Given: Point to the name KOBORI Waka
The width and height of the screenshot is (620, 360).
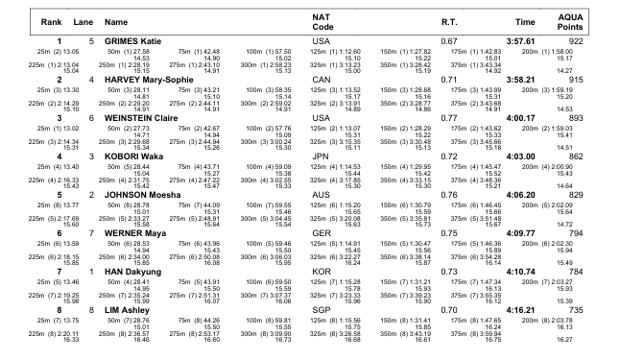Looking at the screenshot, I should (132, 154).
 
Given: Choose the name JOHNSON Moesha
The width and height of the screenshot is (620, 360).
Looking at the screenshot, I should (142, 192).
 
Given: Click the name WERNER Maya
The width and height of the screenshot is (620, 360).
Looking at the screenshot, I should (134, 230).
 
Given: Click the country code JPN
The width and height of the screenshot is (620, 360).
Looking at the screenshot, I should (322, 154).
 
